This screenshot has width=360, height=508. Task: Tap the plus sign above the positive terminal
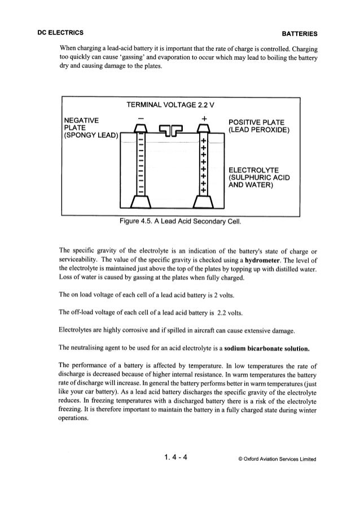pyautogui.click(x=201, y=117)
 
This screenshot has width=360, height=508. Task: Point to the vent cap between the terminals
pyautogui.click(x=171, y=130)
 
